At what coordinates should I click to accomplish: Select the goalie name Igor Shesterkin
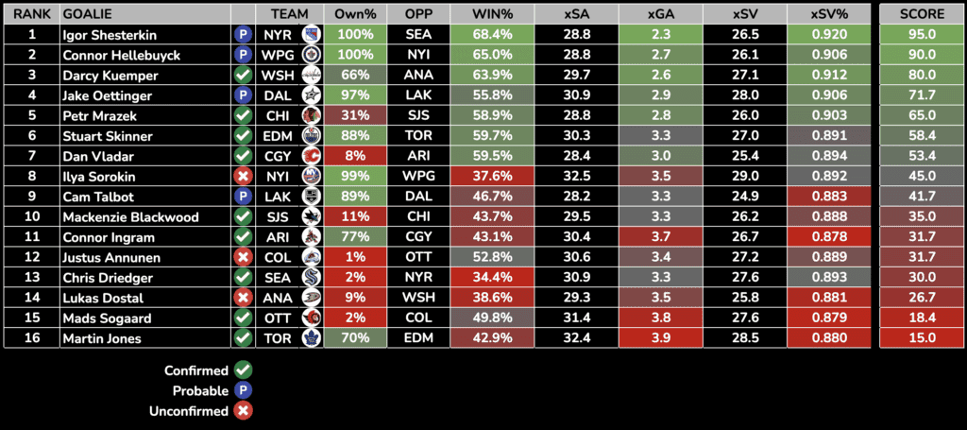[108, 35]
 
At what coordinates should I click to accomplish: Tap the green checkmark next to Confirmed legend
[243, 370]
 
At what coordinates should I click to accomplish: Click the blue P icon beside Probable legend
[243, 390]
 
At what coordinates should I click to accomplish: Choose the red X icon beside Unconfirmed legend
[243, 411]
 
